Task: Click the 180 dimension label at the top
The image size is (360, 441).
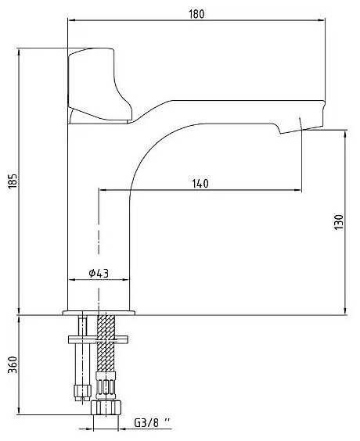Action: point(196,14)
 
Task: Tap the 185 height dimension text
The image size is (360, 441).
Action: point(13,181)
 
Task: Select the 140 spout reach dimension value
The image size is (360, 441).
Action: point(200,184)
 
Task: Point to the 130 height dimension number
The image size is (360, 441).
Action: point(339,222)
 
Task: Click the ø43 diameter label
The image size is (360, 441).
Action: point(99,273)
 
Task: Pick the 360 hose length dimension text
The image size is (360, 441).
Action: point(13,365)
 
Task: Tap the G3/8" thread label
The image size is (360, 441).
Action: point(153,422)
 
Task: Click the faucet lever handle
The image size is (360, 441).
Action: point(99,86)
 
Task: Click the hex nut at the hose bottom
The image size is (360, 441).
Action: point(106,407)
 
